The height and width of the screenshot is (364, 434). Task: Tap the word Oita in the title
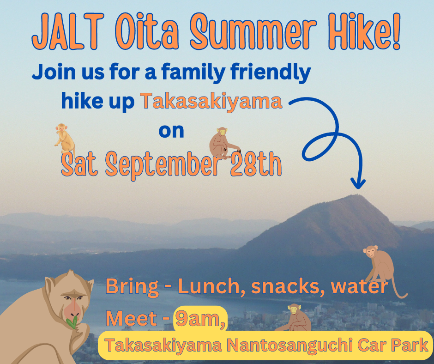pyautogui.click(x=147, y=31)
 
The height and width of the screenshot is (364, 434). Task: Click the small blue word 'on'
pyautogui.click(x=171, y=131)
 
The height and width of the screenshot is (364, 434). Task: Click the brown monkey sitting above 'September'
pyautogui.click(x=223, y=143)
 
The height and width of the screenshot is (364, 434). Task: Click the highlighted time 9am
pyautogui.click(x=200, y=319)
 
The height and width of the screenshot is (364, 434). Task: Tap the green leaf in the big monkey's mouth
pyautogui.click(x=72, y=322)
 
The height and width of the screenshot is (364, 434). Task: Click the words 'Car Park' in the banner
pyautogui.click(x=392, y=345)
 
